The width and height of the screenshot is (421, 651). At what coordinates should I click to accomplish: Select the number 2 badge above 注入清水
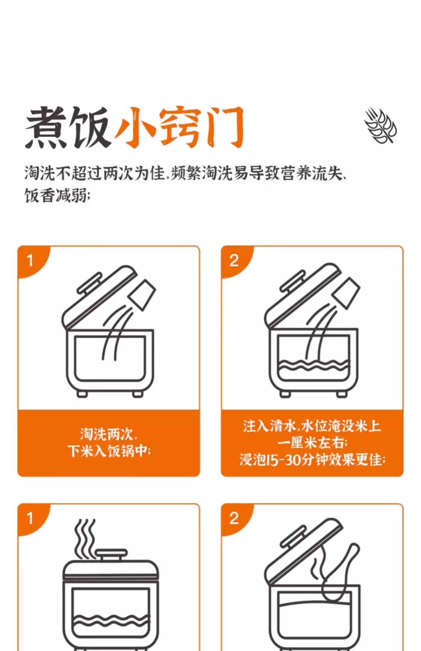234,261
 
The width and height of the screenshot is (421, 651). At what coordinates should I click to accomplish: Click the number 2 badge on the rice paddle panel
234,518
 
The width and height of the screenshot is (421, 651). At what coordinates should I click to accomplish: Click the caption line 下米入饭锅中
109,451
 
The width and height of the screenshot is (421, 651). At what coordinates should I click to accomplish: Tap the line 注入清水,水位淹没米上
312,426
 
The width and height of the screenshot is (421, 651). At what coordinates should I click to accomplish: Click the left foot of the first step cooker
82,394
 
